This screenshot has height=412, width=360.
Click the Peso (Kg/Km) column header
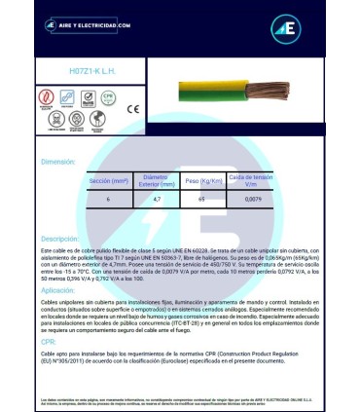pyautogui.click(x=200, y=181)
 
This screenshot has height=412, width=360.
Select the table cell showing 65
pyautogui.click(x=200, y=199)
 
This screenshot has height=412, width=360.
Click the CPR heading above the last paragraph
pyautogui.click(x=47, y=343)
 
